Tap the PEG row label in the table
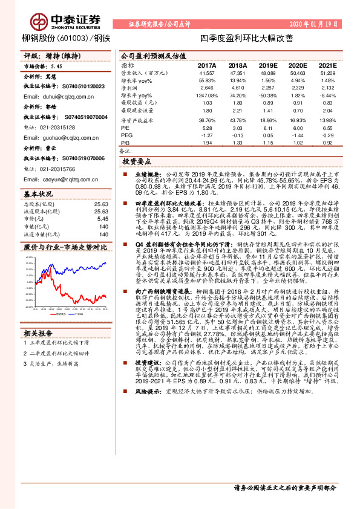126,136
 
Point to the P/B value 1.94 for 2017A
207,143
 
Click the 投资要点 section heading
137,162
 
